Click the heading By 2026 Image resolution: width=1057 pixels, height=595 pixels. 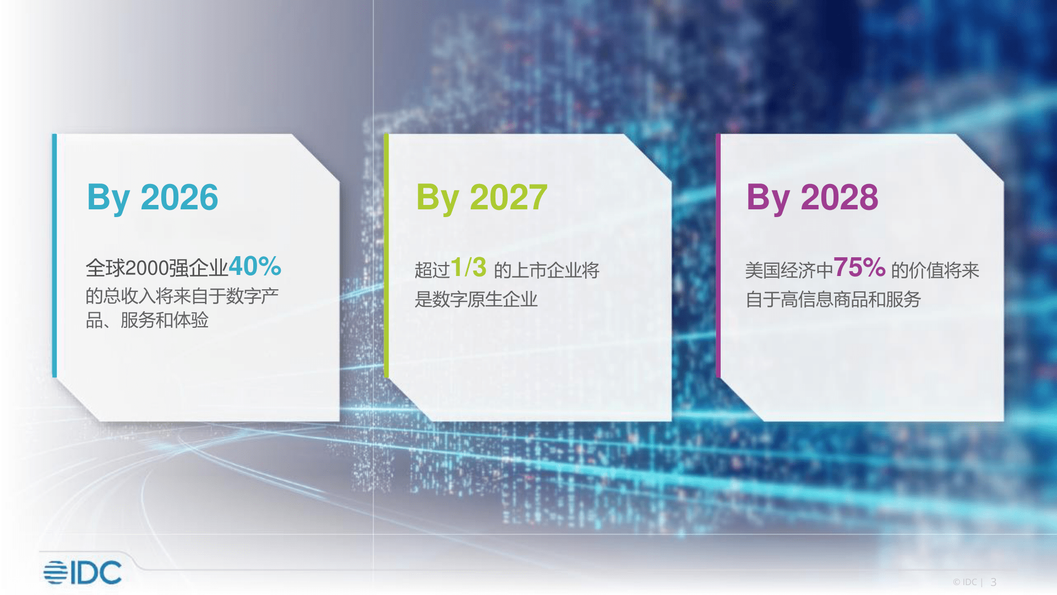152,198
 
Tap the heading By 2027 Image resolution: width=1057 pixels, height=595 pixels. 482,198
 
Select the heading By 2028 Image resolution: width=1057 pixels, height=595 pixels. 812,198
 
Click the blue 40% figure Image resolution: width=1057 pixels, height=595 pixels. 255,266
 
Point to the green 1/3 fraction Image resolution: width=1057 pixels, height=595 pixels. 468,268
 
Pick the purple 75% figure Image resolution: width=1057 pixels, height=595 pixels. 859,268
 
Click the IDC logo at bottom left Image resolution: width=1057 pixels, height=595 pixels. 83,572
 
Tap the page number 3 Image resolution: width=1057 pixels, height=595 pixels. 994,582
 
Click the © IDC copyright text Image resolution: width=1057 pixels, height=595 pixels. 965,582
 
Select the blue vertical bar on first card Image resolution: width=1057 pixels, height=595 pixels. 55,256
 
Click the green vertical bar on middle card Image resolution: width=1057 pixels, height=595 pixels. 386,256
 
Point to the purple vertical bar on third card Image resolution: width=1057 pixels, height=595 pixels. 718,256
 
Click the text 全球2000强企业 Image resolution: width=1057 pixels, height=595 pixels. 157,268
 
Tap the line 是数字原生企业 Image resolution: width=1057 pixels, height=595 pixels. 476,299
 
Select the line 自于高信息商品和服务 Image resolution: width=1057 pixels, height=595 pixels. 833,299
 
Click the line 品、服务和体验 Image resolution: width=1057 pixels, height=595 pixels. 147,320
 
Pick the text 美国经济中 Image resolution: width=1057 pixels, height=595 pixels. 789,271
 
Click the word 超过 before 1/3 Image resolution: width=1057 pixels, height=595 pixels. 432,271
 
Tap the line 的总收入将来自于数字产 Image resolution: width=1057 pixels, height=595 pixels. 182,296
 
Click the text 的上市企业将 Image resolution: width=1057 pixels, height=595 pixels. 547,271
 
